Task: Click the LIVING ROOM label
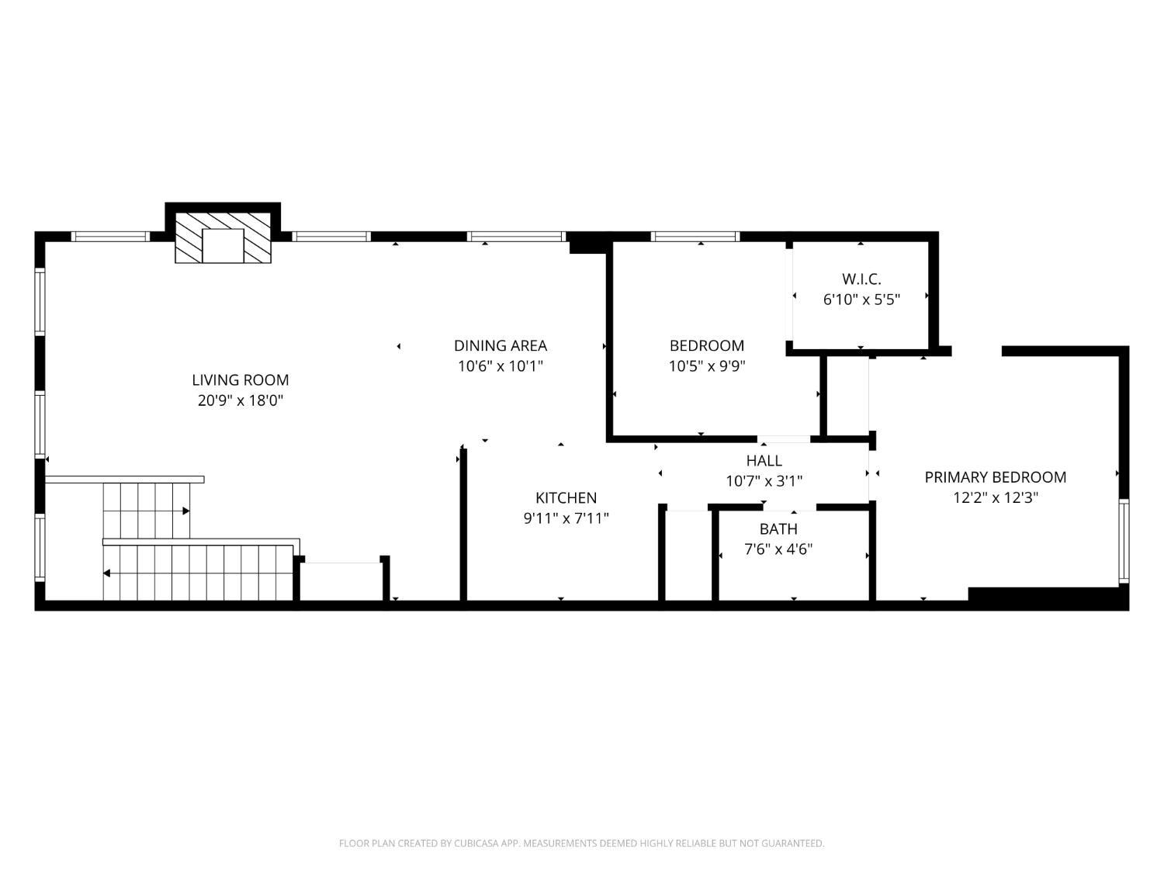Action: pyautogui.click(x=241, y=380)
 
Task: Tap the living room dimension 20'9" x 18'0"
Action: pyautogui.click(x=241, y=400)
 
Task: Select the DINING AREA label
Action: pyautogui.click(x=500, y=345)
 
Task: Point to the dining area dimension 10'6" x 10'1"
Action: pyautogui.click(x=500, y=366)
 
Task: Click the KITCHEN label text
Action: pyautogui.click(x=566, y=497)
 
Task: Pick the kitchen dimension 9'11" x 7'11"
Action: pyautogui.click(x=566, y=518)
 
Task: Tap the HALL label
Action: pyautogui.click(x=764, y=461)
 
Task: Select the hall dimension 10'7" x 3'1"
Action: pyautogui.click(x=764, y=481)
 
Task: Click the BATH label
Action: pyautogui.click(x=778, y=529)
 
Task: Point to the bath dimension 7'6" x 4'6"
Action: pyautogui.click(x=778, y=549)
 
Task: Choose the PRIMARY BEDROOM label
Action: pyautogui.click(x=995, y=477)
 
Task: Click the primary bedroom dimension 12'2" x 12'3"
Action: pyautogui.click(x=995, y=497)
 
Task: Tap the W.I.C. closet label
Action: pyautogui.click(x=861, y=279)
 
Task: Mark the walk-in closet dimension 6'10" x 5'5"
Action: pyautogui.click(x=861, y=300)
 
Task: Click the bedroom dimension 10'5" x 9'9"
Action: pyautogui.click(x=707, y=366)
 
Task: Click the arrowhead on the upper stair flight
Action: pyautogui.click(x=186, y=511)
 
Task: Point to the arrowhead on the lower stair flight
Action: pyautogui.click(x=106, y=573)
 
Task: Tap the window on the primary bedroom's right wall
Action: pyautogui.click(x=1124, y=541)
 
